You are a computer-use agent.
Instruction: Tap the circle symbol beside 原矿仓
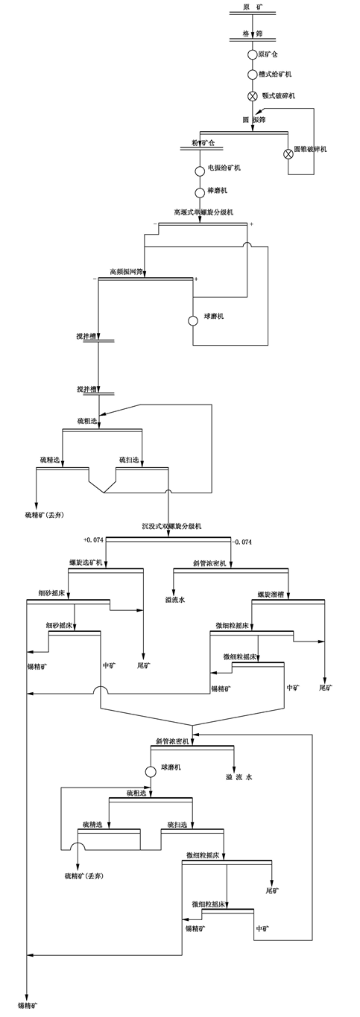click(x=253, y=54)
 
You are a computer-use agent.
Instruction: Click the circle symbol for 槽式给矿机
click(x=253, y=75)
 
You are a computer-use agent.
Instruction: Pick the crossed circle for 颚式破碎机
click(x=253, y=96)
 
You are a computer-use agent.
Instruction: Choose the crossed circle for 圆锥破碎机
click(x=288, y=153)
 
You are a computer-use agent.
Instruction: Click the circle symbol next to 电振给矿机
click(x=200, y=171)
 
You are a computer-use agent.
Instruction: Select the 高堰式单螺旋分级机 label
click(x=203, y=213)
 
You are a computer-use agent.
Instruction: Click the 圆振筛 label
click(x=254, y=120)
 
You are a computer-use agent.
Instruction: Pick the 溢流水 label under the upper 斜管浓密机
click(x=175, y=598)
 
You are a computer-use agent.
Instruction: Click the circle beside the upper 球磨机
click(x=193, y=320)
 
